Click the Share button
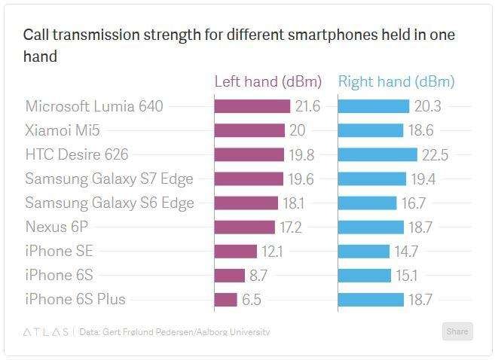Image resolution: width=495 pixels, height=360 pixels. tap(457, 331)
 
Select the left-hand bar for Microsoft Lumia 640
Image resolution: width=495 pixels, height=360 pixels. tap(252, 107)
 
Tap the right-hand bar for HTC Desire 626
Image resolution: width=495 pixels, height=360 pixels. tap(377, 155)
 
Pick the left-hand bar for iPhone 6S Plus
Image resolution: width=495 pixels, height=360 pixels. tap(226, 300)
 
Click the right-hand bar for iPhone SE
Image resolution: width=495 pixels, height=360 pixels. tap(364, 252)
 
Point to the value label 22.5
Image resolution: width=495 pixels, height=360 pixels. tap(435, 155)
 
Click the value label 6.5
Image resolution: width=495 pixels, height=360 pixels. tap(252, 300)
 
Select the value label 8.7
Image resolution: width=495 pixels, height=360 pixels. tap(259, 276)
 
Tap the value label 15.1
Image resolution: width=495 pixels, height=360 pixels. tap(408, 276)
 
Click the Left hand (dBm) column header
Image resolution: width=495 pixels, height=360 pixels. tap(268, 82)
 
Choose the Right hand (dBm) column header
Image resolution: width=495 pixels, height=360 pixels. tap(396, 82)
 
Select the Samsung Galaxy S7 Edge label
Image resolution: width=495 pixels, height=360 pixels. tap(109, 179)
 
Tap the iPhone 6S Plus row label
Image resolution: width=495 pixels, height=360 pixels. tap(75, 300)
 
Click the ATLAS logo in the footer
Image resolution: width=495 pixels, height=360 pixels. tap(45, 332)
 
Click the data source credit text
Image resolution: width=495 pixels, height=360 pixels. tap(175, 332)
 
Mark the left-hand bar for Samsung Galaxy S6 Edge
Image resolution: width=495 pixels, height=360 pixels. tap(236, 203)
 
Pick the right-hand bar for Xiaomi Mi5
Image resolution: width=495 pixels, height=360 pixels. tap(371, 131)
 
